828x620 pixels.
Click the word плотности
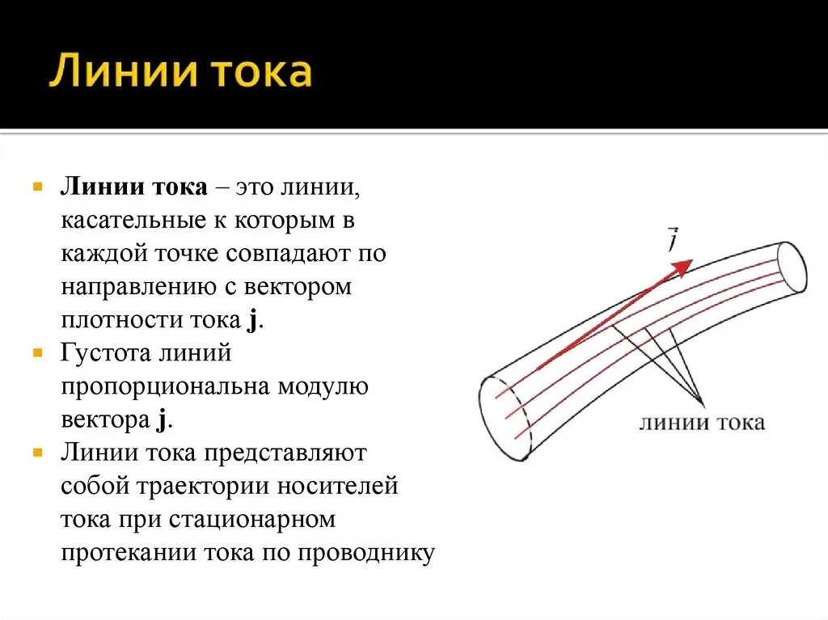[112, 319]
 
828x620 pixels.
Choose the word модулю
[323, 386]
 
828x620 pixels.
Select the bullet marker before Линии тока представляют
[37, 453]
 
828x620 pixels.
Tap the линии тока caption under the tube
[701, 423]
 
